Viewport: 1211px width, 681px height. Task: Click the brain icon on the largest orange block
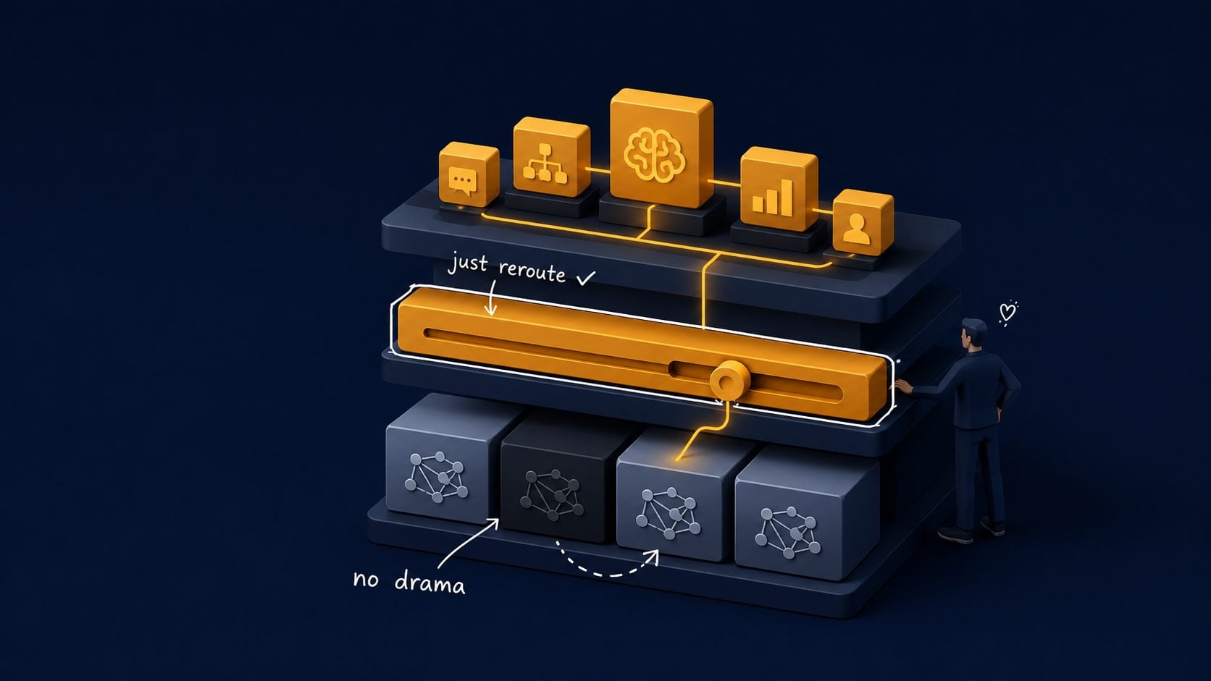pyautogui.click(x=654, y=154)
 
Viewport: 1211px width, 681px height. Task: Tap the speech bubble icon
pyautogui.click(x=463, y=180)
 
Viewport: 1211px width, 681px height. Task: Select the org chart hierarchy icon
pyautogui.click(x=545, y=163)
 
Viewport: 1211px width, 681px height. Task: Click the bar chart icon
pyautogui.click(x=773, y=197)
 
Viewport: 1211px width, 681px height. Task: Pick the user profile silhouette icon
pyautogui.click(x=857, y=229)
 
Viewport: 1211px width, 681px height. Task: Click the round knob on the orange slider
pyautogui.click(x=730, y=380)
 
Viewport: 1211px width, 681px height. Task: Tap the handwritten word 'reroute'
pyautogui.click(x=532, y=271)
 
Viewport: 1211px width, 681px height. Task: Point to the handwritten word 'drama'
pyautogui.click(x=429, y=584)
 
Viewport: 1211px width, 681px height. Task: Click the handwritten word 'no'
pyautogui.click(x=366, y=580)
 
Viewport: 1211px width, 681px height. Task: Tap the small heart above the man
pyautogui.click(x=1007, y=312)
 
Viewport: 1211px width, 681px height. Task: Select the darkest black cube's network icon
pyautogui.click(x=552, y=494)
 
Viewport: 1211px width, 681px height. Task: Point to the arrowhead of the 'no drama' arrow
pyautogui.click(x=494, y=522)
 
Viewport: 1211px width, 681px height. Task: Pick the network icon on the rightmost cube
pyautogui.click(x=788, y=532)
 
